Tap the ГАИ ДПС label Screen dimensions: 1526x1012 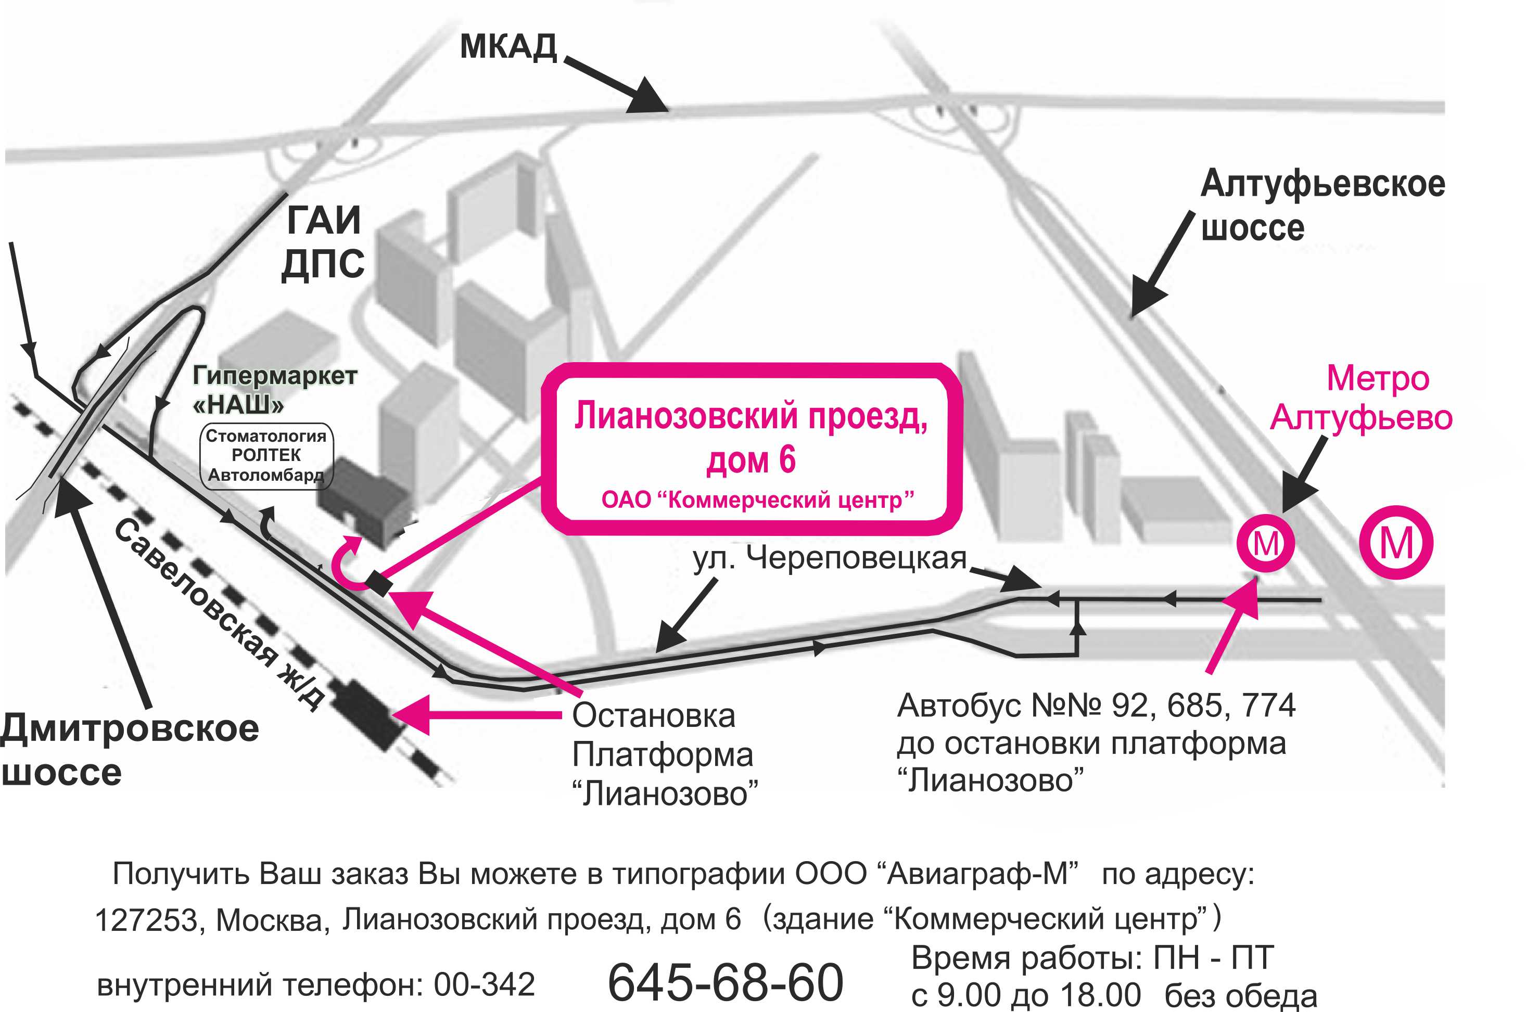pos(323,242)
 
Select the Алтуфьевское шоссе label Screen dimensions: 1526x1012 pos(1322,204)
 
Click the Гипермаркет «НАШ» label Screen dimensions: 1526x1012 pos(275,389)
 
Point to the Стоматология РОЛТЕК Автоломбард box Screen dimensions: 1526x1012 pos(266,456)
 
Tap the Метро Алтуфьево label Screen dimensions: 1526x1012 pos(1362,398)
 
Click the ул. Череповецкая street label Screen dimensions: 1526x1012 pos(830,558)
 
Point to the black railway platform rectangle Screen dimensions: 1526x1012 pos(365,714)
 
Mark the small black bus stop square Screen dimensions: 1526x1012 pos(379,583)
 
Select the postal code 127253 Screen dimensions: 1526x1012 pos(147,920)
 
